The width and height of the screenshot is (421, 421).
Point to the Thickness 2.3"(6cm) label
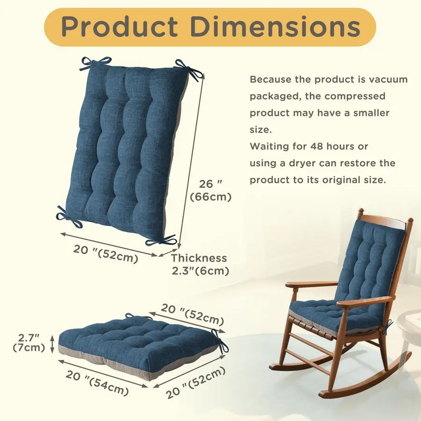[199, 264]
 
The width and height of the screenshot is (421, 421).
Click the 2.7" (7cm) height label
[29, 342]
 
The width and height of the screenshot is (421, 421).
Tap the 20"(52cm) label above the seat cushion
[193, 314]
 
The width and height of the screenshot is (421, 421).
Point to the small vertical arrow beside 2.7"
[52, 342]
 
